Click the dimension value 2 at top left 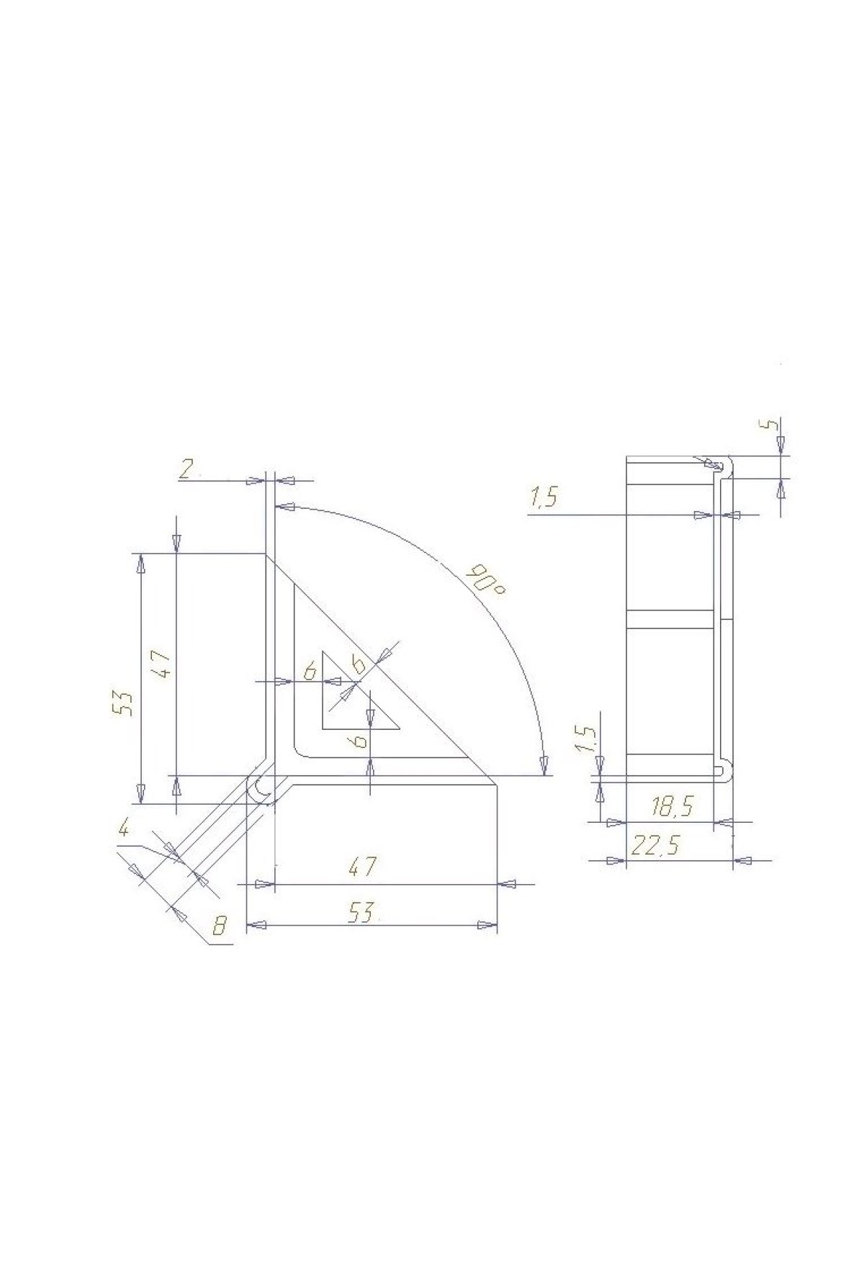tap(186, 470)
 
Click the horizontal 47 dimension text tap(363, 867)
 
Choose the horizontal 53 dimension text tap(363, 913)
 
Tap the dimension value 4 tap(125, 829)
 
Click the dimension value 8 tap(220, 926)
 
